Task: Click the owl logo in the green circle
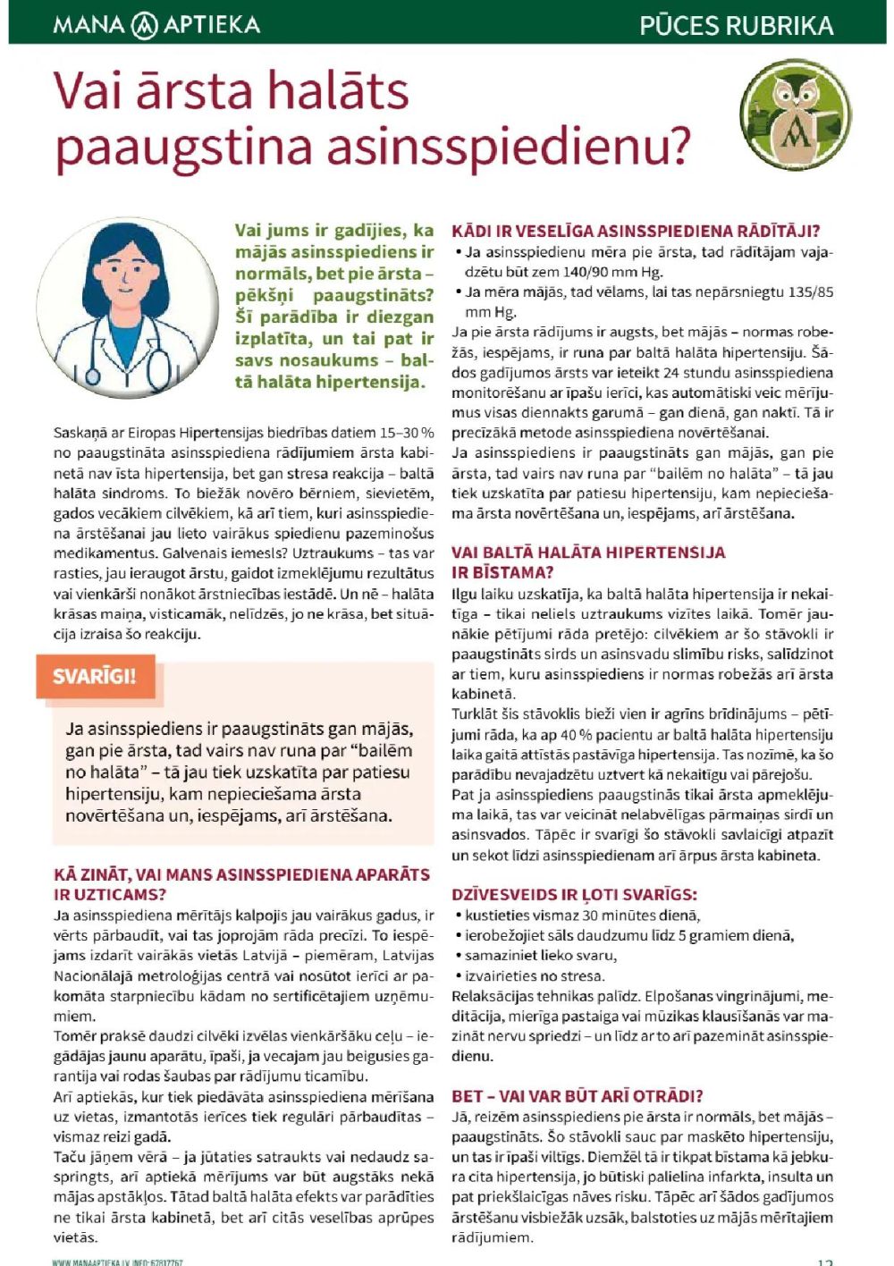tap(796, 114)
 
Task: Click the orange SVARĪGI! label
tap(95, 676)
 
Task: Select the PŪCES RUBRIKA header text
tap(736, 25)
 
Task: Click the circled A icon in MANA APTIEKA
tap(145, 25)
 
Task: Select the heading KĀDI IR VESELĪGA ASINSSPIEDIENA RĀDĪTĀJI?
tap(636, 231)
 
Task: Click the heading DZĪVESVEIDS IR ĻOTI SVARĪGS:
tap(574, 894)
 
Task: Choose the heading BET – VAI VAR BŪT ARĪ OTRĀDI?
tap(577, 1095)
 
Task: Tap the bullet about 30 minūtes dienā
tap(582, 915)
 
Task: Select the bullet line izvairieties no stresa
tap(534, 975)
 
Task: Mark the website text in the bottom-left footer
tap(117, 1262)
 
